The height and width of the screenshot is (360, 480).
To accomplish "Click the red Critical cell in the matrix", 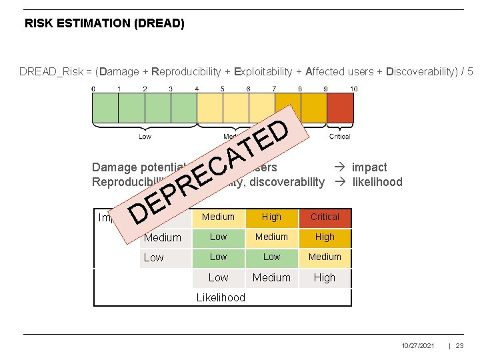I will [325, 217].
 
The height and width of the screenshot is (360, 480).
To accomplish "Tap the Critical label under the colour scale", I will [339, 137].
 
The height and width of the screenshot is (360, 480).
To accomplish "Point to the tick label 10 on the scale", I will [353, 89].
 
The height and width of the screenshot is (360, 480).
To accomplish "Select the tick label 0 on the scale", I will [93, 89].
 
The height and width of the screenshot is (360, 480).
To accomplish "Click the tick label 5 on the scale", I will [222, 89].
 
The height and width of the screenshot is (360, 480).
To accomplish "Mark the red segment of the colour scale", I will [340, 107].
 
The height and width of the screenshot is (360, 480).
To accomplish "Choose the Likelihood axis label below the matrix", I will [221, 298].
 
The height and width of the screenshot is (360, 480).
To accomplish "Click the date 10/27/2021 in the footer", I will [418, 346].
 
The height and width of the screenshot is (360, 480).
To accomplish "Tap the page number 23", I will [461, 346].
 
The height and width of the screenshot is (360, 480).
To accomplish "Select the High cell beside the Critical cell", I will [271, 217].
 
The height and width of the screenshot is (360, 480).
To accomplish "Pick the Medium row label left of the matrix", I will [163, 238].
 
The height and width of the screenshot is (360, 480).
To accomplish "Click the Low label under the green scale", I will [145, 137].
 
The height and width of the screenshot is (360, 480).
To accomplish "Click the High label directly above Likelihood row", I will [325, 278].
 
